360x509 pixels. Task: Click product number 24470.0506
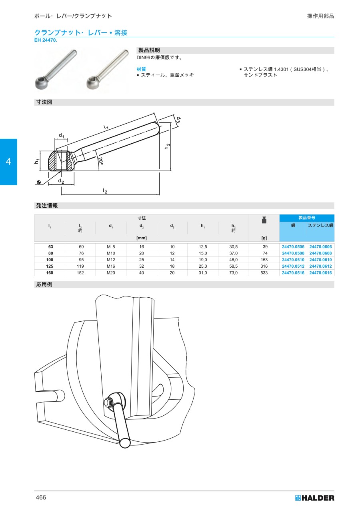(293, 246)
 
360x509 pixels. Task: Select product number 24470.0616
(320, 273)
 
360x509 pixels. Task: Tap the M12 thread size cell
(111, 260)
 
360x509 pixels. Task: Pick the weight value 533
(264, 273)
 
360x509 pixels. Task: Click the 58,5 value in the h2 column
(233, 266)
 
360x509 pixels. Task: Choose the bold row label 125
(50, 266)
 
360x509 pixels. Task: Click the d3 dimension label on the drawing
(179, 120)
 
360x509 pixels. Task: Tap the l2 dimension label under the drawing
(105, 190)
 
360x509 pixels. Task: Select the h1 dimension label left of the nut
(37, 161)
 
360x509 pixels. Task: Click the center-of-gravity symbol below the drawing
(39, 182)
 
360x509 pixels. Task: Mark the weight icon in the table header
(264, 220)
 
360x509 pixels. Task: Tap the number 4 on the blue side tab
(8, 161)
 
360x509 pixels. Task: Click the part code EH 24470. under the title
(46, 40)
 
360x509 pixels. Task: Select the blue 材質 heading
(141, 69)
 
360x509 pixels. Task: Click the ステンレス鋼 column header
(320, 225)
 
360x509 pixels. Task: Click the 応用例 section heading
(44, 284)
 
